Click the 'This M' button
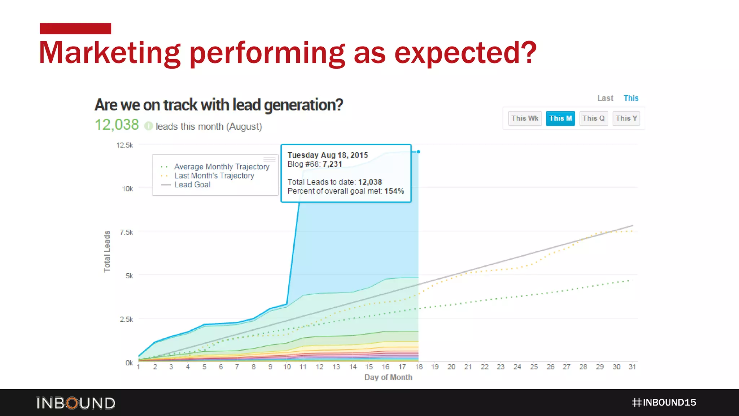[560, 118]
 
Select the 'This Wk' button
[525, 118]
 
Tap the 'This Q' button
[593, 118]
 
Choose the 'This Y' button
[626, 118]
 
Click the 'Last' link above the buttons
[605, 98]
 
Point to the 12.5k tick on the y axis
[124, 145]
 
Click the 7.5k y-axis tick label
[126, 232]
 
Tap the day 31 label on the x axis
[632, 367]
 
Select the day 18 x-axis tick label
[419, 367]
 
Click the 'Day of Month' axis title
[388, 377]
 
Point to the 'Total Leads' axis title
[107, 251]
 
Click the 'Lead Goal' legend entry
[192, 185]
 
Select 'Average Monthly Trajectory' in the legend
[222, 167]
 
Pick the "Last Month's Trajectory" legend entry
[214, 176]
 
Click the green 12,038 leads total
[117, 125]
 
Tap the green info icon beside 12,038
[148, 126]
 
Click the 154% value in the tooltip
[394, 191]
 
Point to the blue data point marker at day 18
[418, 152]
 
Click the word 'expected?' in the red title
[465, 53]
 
